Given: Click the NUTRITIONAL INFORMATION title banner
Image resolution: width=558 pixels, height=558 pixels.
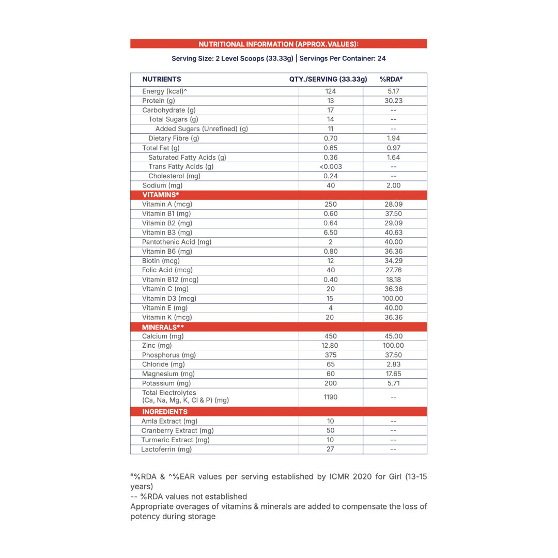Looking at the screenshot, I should (x=278, y=44).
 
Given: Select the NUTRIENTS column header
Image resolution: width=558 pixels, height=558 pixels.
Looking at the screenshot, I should (x=162, y=80).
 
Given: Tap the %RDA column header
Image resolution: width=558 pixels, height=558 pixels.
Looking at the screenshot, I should (x=391, y=80).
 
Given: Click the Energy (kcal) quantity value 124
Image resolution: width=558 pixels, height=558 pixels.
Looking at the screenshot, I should (x=331, y=91).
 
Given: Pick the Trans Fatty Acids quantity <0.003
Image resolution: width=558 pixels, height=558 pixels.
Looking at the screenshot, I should (x=331, y=167).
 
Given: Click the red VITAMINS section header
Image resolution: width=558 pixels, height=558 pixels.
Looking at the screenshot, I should (x=161, y=195).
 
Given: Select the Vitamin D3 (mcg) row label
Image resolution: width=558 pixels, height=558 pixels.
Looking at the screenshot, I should (x=169, y=299).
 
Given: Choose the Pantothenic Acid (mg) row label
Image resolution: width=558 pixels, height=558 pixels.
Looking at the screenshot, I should (x=177, y=242).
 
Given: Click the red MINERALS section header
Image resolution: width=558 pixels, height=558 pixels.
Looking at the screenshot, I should (x=163, y=327).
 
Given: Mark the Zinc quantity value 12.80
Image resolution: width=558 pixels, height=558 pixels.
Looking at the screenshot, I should (x=331, y=346).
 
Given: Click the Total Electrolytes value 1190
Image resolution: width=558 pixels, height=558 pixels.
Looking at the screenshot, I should (x=331, y=397).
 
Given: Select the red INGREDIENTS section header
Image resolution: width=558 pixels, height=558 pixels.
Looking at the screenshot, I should (x=165, y=412).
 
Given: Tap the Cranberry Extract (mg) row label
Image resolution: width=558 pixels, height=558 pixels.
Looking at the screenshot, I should (x=177, y=430).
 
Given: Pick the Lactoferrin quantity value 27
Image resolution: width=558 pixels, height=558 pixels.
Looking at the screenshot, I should (x=331, y=449).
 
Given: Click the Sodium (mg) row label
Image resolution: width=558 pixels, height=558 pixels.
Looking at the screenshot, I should (x=162, y=185).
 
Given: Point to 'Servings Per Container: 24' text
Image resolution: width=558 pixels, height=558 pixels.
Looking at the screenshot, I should (x=343, y=59).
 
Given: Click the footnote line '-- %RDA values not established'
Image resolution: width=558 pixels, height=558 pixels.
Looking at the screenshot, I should (x=189, y=497).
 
